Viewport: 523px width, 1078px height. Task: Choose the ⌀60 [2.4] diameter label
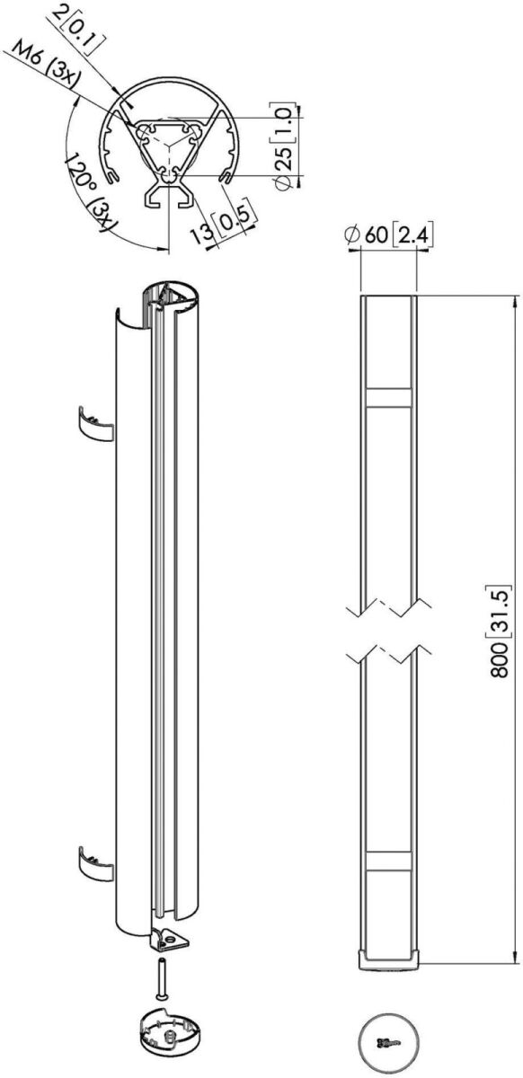click(388, 234)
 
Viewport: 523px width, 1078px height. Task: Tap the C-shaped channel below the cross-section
click(169, 197)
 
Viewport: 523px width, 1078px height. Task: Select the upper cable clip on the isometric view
click(95, 424)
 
